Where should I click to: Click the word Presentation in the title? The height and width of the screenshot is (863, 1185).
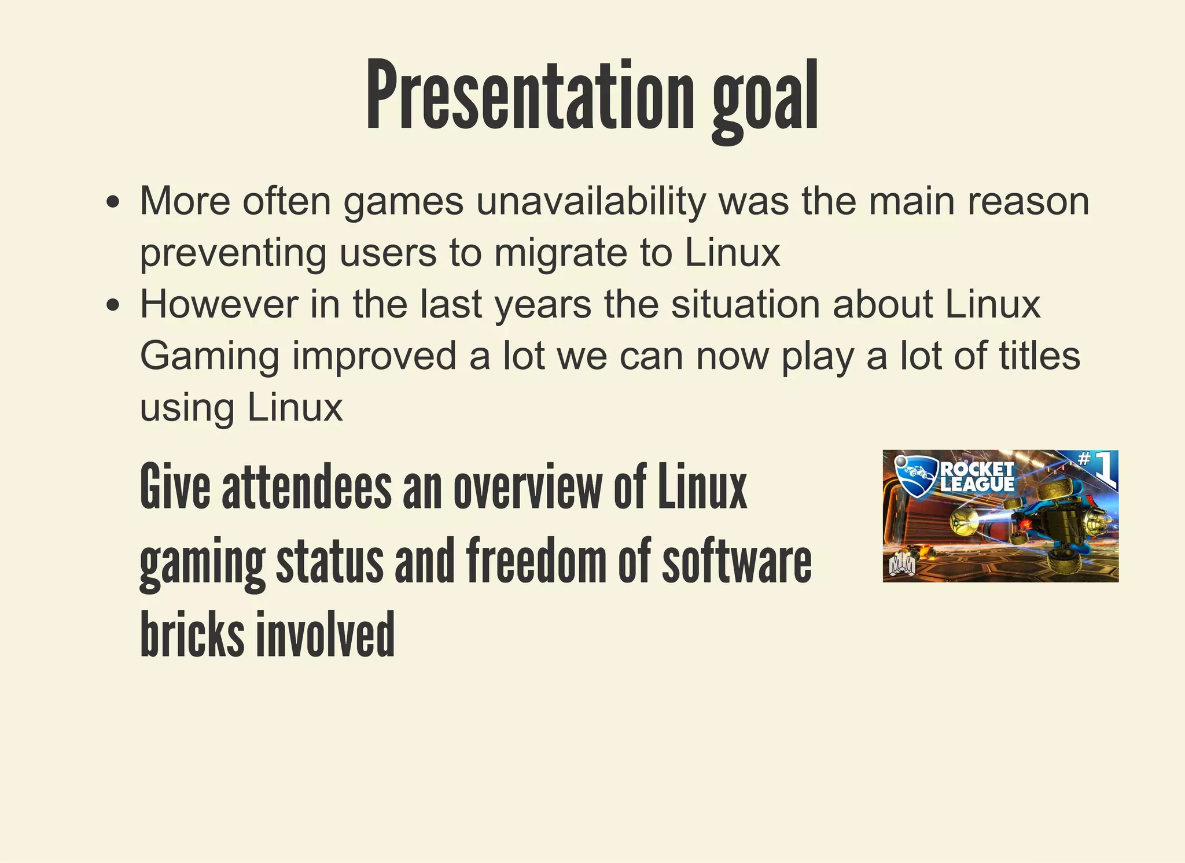[x=529, y=95]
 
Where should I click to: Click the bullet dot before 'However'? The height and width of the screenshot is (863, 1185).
[x=113, y=305]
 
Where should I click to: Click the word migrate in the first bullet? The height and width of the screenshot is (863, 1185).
[x=560, y=253]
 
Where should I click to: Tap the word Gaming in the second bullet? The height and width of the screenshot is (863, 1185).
[x=209, y=356]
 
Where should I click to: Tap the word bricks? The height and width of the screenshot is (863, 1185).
[x=192, y=634]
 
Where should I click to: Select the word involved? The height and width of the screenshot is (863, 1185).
[x=325, y=634]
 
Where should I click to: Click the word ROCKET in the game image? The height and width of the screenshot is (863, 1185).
[x=977, y=469]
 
